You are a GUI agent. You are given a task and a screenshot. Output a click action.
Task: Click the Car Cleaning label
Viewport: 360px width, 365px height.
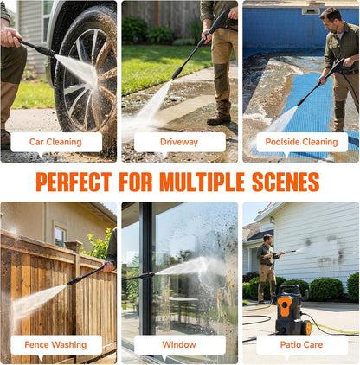[55, 142]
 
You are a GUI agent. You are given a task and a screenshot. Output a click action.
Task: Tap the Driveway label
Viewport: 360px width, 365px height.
[179, 142]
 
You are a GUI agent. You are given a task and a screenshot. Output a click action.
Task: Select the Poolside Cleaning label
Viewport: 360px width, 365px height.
[301, 142]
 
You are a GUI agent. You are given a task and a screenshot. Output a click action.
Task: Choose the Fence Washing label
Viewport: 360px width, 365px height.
[55, 345]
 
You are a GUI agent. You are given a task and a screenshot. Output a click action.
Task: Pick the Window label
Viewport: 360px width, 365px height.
[179, 344]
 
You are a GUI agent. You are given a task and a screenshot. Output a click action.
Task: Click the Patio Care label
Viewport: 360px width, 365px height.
[301, 345]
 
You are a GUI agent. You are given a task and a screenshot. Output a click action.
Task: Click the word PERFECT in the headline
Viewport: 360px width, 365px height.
[74, 182]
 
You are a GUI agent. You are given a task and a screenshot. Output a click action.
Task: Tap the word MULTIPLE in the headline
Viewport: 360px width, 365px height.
[202, 182]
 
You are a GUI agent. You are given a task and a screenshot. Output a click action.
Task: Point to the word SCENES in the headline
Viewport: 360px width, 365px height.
[286, 182]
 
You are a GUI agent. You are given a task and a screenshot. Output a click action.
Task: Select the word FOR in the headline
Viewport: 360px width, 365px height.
[136, 182]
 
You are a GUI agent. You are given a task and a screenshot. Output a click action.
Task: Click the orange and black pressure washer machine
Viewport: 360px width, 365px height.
[292, 310]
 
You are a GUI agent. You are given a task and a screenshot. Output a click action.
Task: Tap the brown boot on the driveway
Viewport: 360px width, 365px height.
[219, 118]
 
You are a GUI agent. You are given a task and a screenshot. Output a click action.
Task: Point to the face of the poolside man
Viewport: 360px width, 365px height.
[331, 23]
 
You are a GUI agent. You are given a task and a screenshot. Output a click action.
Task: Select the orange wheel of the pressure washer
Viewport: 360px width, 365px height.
[307, 328]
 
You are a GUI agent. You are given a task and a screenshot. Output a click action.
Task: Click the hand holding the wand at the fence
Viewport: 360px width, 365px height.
[109, 266]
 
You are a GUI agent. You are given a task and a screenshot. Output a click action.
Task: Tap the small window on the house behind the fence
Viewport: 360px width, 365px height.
[60, 236]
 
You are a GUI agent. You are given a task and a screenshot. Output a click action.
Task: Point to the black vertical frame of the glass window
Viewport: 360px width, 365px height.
[145, 268]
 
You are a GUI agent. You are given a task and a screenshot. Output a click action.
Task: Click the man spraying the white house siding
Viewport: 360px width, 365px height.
[267, 269]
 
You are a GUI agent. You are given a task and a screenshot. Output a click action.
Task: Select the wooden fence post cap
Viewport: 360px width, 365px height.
[74, 245]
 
